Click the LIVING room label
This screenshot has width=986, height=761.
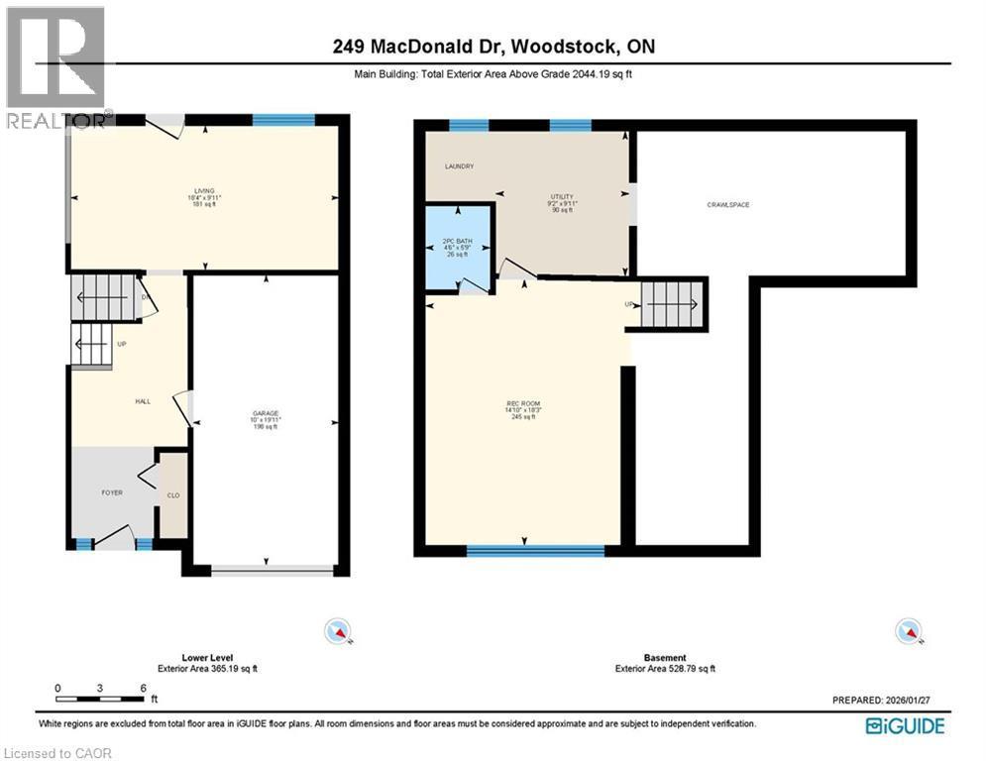point(205,190)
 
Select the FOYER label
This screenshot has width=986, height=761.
point(111,492)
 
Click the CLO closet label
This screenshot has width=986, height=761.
point(172,495)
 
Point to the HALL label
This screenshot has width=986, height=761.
point(142,401)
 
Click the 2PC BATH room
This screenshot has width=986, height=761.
point(459,248)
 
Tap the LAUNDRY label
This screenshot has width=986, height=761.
point(459,166)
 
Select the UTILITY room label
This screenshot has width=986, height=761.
point(562,197)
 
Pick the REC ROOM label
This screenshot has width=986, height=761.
point(521,403)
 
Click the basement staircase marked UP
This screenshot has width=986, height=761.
point(672,303)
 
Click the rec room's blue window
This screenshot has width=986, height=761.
point(535,549)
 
